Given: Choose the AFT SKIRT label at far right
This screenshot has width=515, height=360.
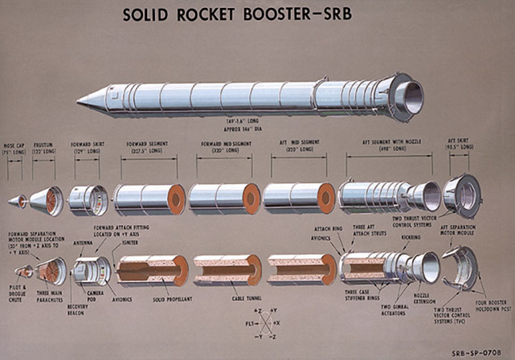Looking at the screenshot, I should (460, 141).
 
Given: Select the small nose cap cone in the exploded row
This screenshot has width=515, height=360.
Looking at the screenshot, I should (17, 200).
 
